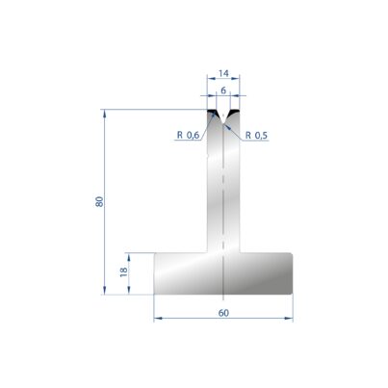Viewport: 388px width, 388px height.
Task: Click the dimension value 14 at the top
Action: coord(223,73)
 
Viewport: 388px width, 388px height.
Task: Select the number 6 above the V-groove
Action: coord(223,91)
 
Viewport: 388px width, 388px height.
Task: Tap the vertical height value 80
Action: coord(99,201)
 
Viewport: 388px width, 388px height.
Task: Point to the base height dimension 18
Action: coord(123,272)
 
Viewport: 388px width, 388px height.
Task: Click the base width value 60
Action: coord(223,313)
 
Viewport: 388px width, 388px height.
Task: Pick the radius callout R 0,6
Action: coord(188,136)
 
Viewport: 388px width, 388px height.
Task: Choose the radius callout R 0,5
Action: coord(256,136)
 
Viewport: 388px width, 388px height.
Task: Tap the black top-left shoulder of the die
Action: coord(212,113)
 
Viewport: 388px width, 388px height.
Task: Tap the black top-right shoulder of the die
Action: coord(235,113)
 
